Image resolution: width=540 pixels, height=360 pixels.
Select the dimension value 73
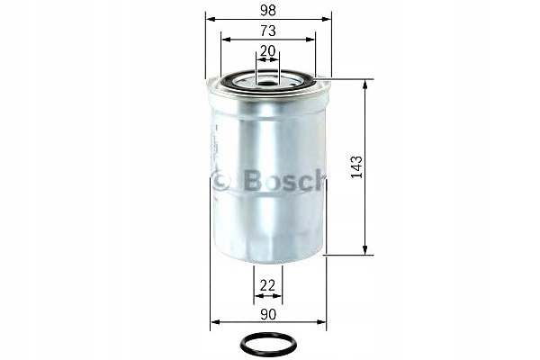(x=269, y=30)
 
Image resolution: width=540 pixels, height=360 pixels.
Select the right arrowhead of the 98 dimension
(x=328, y=19)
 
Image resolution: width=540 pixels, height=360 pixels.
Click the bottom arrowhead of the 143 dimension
(x=364, y=251)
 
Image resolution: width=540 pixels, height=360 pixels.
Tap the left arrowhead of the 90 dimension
(x=214, y=324)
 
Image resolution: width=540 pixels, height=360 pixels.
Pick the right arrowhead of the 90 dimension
(x=323, y=324)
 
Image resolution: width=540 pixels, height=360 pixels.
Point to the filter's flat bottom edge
(x=268, y=262)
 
